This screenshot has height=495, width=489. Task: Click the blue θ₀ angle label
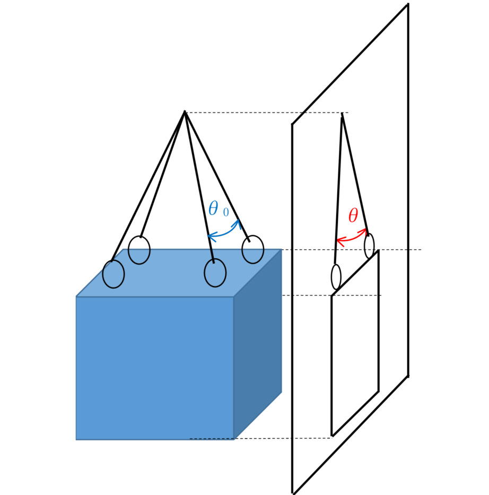[219, 209]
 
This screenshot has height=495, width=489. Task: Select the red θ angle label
[353, 216]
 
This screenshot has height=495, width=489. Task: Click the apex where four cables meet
[185, 111]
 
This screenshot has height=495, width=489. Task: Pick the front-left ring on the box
[113, 274]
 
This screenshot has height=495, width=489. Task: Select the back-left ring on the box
[139, 250]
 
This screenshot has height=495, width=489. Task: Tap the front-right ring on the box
[215, 273]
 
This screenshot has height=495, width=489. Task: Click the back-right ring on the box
[252, 249]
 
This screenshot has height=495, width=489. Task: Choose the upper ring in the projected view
[369, 246]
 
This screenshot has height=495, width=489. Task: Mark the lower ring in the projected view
[336, 277]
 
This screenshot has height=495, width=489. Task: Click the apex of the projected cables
[342, 114]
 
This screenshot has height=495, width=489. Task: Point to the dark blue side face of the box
[258, 344]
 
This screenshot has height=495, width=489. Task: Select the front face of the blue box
[155, 368]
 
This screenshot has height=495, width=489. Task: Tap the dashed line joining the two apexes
[267, 112]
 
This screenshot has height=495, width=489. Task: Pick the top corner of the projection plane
[408, 4]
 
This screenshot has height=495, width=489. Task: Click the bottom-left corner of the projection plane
[292, 493]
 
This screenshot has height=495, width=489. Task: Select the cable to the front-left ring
[148, 186]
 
